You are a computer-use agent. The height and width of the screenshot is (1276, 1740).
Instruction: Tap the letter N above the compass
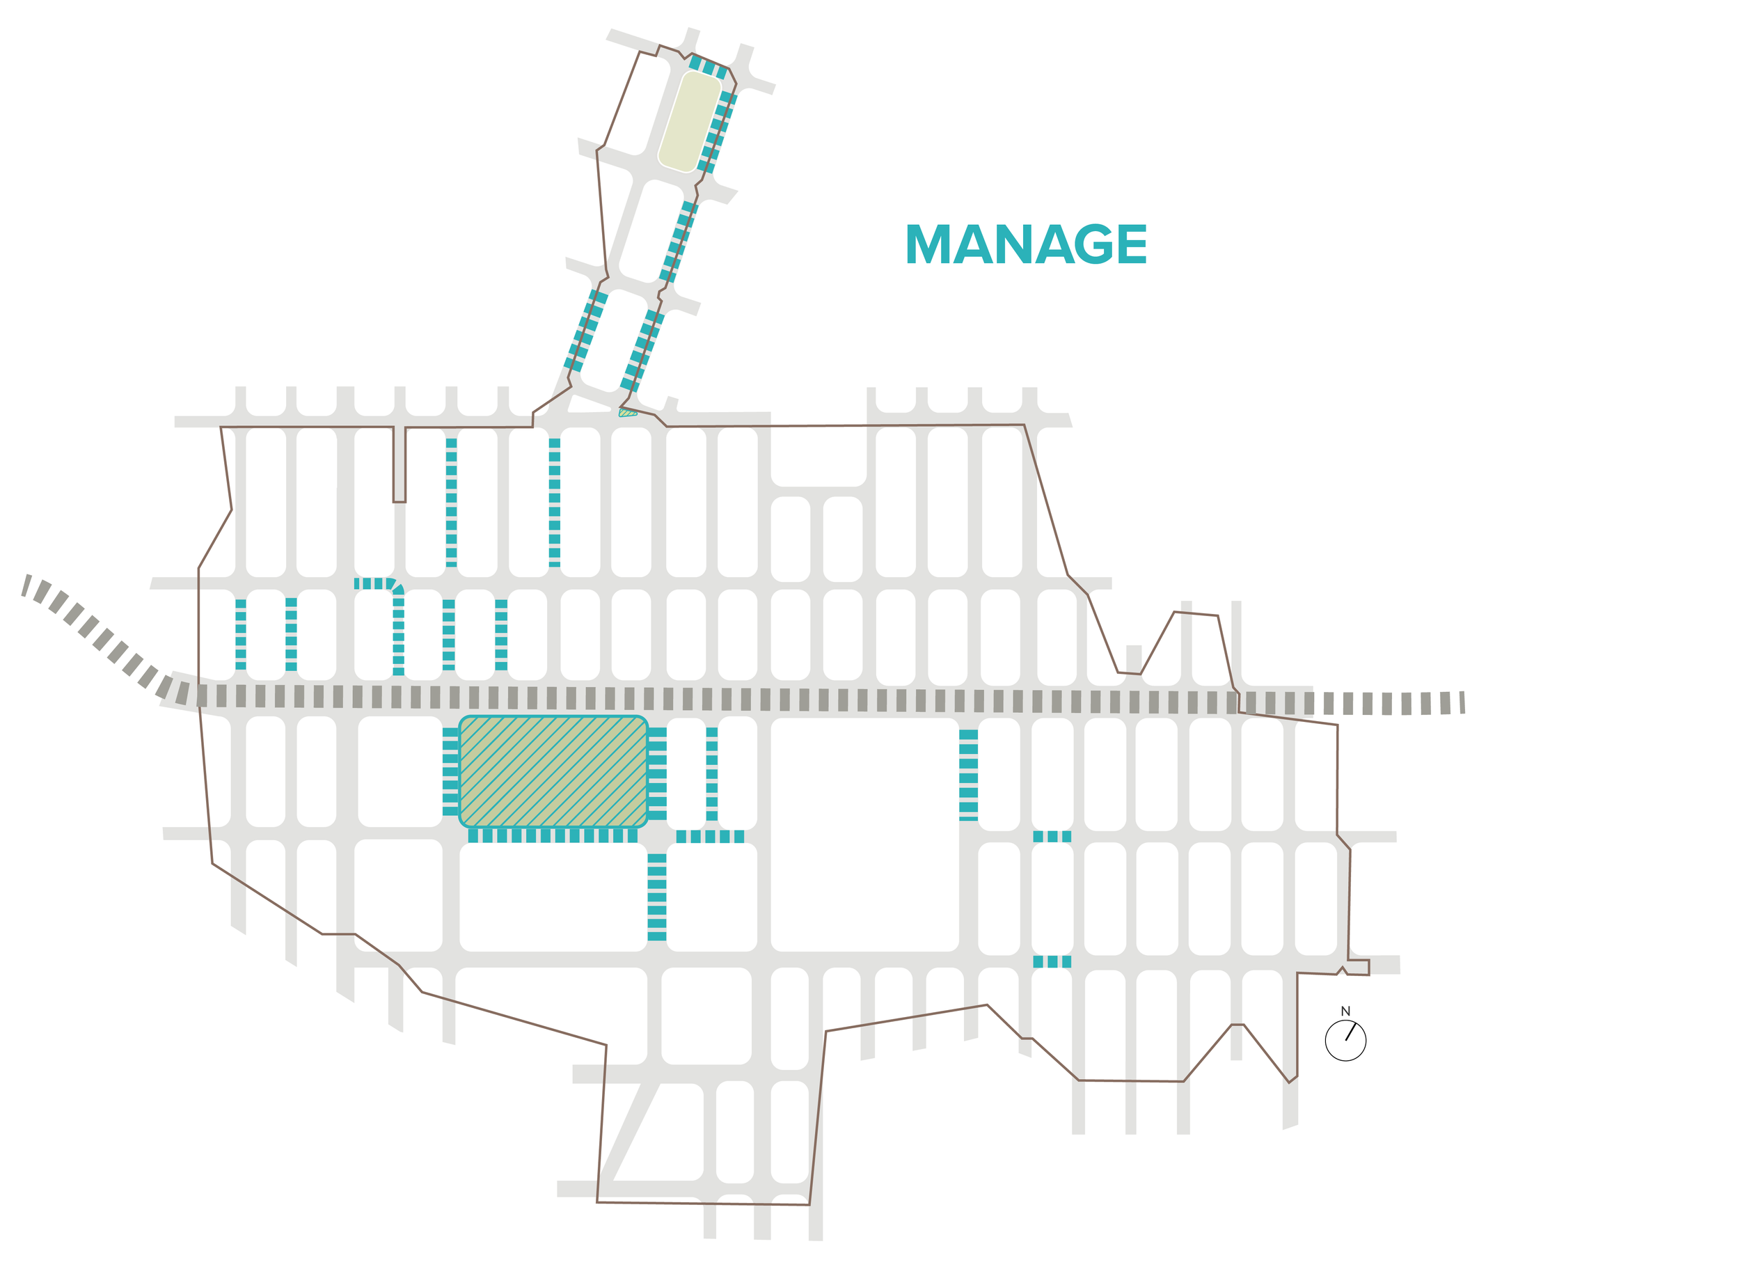(x=1345, y=1011)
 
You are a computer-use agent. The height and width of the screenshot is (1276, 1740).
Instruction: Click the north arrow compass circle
(x=1345, y=1041)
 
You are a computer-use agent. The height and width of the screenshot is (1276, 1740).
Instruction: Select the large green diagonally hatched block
(x=553, y=771)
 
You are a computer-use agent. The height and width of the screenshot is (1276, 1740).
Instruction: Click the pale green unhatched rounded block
(x=689, y=121)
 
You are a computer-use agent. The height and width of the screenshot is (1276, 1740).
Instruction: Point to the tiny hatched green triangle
(x=626, y=413)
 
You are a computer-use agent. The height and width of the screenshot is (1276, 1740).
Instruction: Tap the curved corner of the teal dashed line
(x=395, y=586)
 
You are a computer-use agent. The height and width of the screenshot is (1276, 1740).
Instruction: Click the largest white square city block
(x=864, y=834)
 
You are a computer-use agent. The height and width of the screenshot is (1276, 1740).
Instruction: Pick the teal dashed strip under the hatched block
(x=553, y=836)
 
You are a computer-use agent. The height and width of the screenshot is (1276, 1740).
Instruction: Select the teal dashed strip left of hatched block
(x=450, y=771)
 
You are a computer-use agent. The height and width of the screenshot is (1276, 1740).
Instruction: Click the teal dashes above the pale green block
(x=707, y=66)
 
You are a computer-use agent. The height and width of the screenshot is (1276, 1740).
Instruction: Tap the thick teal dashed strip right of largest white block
(x=967, y=774)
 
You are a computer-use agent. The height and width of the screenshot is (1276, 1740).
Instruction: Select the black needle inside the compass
(x=1350, y=1032)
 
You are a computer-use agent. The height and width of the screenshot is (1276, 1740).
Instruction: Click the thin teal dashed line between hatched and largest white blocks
(x=711, y=774)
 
